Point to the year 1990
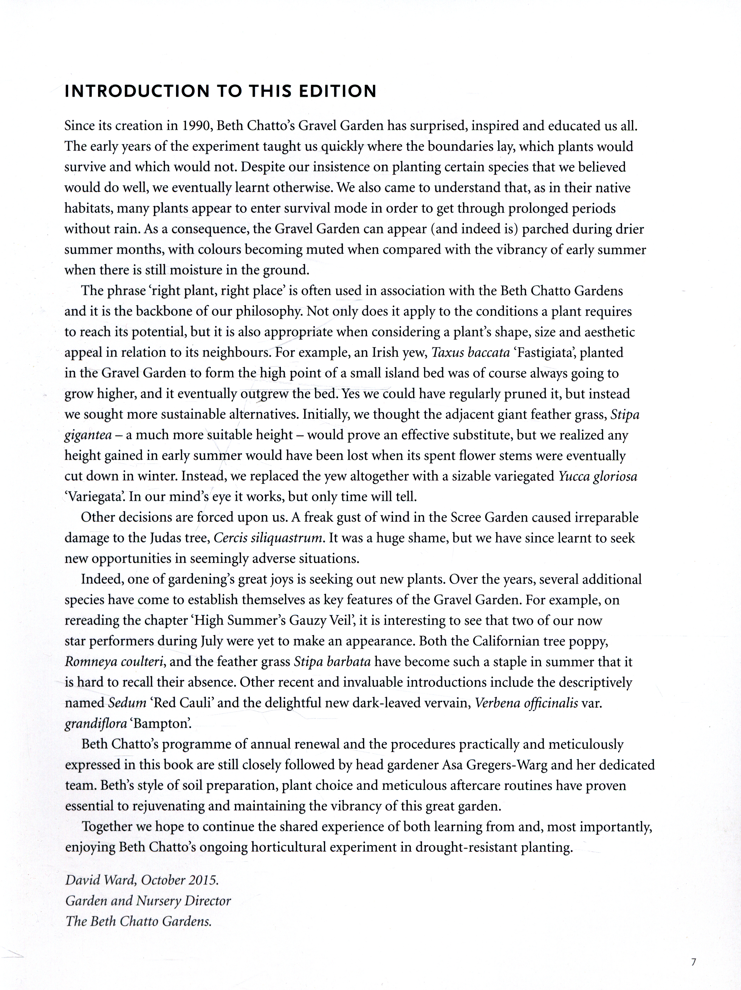pos(196,126)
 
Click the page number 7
pos(693,961)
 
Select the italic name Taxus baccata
pos(470,353)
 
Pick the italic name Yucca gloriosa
pos(597,476)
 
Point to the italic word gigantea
pos(88,435)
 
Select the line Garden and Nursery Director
pos(148,900)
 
